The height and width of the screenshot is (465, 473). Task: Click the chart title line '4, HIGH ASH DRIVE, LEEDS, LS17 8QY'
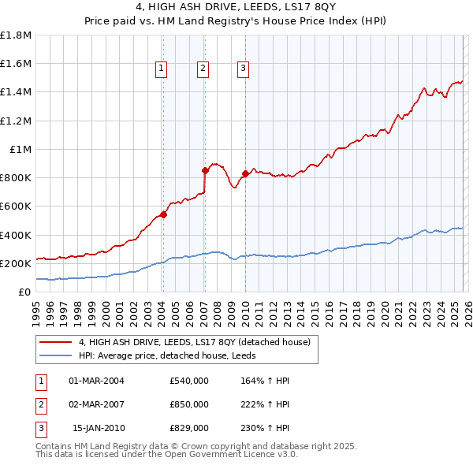[236, 9]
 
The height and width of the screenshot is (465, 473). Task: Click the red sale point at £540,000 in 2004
[163, 214]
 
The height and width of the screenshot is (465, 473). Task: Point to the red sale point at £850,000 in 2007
[205, 170]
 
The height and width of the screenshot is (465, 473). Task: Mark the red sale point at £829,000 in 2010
[245, 173]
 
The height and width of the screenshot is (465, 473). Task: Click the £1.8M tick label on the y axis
[17, 35]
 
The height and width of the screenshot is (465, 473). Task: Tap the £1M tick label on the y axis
[20, 149]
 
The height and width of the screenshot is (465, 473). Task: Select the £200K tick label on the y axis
[17, 263]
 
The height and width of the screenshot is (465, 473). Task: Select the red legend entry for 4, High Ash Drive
[195, 342]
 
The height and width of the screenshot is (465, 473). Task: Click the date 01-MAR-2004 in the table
[96, 381]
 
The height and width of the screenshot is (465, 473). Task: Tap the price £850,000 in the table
[189, 404]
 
